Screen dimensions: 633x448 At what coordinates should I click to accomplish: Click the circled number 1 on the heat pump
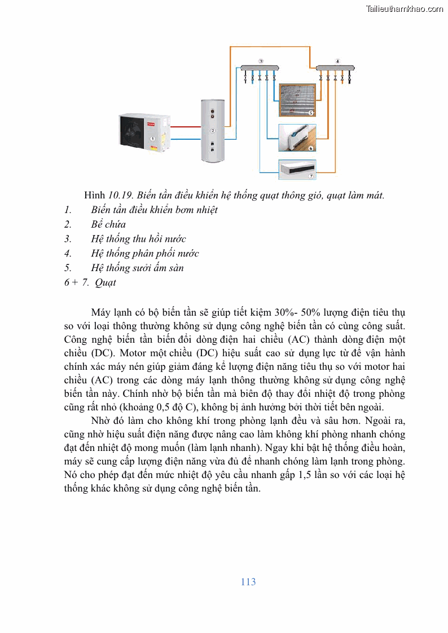pos(152,138)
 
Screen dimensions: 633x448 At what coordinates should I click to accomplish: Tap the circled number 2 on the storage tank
pos(213,131)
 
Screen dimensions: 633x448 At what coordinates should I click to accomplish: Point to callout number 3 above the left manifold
pos(260,60)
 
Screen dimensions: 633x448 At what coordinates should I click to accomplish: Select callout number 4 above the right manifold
pos(337,60)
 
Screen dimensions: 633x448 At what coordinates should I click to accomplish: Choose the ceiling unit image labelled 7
pos(297,169)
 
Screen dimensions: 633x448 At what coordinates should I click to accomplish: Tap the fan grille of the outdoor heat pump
pos(130,133)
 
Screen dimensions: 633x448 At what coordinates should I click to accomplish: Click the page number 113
pos(248,582)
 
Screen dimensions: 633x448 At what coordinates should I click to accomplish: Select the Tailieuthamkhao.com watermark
pos(405,8)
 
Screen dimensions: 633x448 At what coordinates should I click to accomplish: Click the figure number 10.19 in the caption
pos(120,196)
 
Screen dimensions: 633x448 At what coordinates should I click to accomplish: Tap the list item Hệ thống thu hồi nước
pos(138,239)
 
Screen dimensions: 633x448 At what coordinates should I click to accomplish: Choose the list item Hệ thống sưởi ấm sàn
pos(137,268)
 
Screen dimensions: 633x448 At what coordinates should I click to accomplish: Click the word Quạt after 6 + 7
pos(106,283)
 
